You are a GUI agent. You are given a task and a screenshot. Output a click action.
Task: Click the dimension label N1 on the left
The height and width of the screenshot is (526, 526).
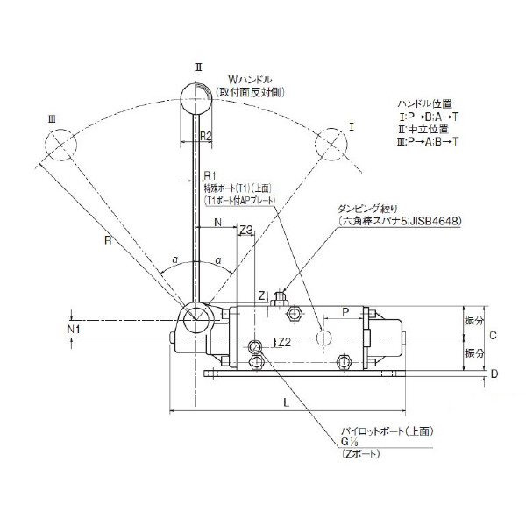click(x=75, y=329)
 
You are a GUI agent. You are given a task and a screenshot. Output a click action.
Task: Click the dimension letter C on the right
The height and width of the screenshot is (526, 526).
click(x=494, y=336)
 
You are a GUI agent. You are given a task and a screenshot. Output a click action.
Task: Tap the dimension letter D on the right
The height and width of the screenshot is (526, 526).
click(x=494, y=374)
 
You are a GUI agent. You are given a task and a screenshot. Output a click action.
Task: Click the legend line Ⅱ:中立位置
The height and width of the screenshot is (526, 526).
click(x=426, y=129)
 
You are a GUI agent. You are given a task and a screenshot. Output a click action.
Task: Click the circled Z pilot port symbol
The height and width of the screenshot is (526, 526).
click(x=256, y=346)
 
